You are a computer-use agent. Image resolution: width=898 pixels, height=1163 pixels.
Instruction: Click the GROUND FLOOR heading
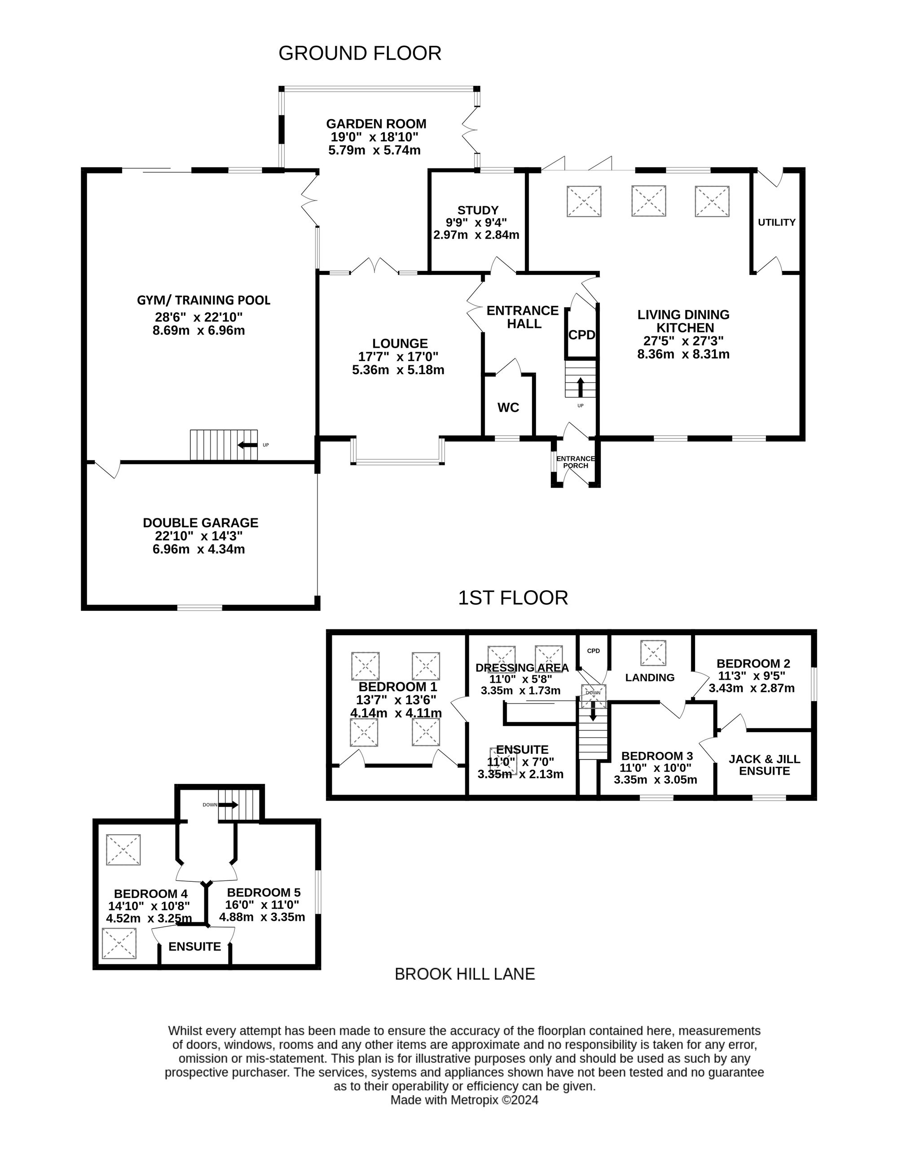(x=360, y=53)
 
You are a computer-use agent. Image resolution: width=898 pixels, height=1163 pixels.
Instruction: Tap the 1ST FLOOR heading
(x=513, y=598)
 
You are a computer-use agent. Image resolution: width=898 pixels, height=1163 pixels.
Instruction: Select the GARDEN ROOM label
(x=376, y=124)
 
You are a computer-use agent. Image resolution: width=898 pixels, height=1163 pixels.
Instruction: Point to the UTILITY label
(x=777, y=222)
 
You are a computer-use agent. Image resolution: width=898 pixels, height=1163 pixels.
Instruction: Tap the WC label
(x=508, y=407)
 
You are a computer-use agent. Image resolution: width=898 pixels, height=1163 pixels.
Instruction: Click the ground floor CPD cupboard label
(x=582, y=335)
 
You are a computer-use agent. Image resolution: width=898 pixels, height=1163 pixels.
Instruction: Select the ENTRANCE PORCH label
(x=576, y=462)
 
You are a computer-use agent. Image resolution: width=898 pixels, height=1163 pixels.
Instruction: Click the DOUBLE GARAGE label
(x=201, y=523)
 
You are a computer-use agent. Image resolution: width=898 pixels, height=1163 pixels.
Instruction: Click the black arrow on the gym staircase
(x=247, y=445)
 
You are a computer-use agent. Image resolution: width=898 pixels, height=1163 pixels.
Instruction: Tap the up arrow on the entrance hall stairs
(x=580, y=387)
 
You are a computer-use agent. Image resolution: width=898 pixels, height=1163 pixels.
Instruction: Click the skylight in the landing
(x=653, y=653)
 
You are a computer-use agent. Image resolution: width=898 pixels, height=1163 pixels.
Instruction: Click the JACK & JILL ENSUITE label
(x=764, y=765)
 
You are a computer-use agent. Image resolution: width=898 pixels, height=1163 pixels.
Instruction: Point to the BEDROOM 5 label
(x=264, y=893)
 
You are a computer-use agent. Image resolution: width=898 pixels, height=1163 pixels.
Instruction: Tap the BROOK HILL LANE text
(x=465, y=974)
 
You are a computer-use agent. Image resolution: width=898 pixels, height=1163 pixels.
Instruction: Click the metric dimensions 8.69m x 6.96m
(x=198, y=330)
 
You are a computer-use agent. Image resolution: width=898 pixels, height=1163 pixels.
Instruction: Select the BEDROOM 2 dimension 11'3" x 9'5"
(x=752, y=676)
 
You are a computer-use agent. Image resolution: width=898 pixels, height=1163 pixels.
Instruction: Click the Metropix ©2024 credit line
(x=464, y=1100)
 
